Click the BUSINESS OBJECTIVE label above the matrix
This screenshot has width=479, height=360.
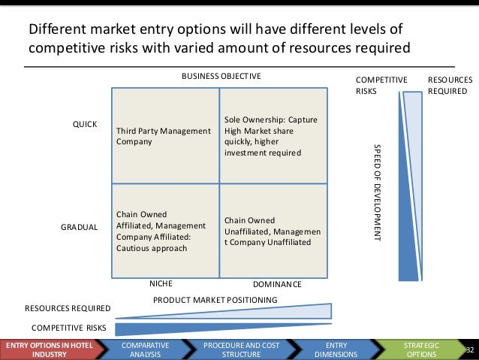click(x=219, y=77)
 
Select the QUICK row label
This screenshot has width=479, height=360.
click(x=84, y=124)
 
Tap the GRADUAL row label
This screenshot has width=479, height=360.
click(x=79, y=226)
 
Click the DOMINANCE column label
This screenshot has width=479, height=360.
click(x=276, y=285)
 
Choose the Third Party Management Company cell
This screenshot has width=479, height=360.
click(x=163, y=136)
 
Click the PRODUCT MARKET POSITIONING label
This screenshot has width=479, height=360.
click(x=215, y=300)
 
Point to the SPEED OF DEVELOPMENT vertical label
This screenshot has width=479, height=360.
click(x=378, y=191)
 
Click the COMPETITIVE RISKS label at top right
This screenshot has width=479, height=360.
click(x=381, y=85)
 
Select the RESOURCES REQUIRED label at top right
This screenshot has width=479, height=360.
click(x=450, y=85)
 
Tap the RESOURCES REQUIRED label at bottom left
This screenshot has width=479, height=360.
click(x=68, y=308)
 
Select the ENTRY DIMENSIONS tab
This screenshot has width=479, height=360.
click(x=331, y=349)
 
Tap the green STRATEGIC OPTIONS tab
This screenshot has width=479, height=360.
click(x=420, y=349)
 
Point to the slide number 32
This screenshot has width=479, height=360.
click(x=471, y=350)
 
